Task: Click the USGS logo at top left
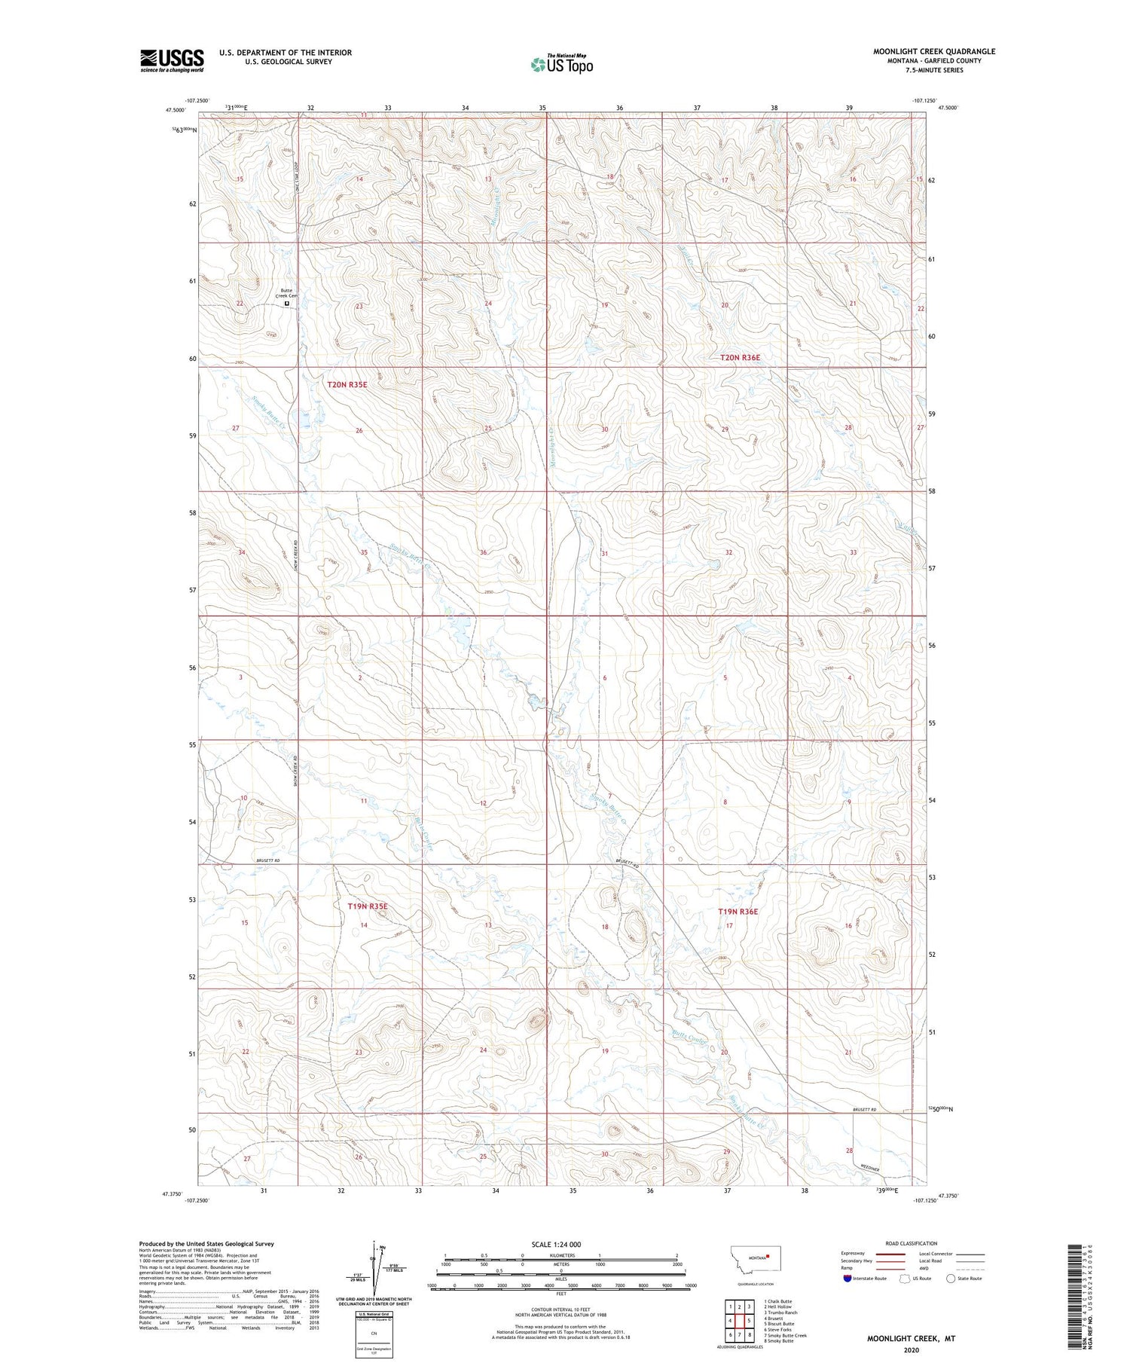coord(172,60)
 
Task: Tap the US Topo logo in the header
coord(561,64)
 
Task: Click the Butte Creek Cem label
coord(286,293)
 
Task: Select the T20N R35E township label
coord(347,384)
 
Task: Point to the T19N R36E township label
coord(738,912)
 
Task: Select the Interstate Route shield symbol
coord(847,1279)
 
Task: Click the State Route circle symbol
coord(951,1279)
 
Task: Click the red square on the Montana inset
coord(768,1256)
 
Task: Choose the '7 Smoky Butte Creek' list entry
coord(785,1335)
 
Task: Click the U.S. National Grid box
coord(374,1334)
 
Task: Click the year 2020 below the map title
coord(910,1350)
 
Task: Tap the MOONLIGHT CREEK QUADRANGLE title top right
coord(933,51)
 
